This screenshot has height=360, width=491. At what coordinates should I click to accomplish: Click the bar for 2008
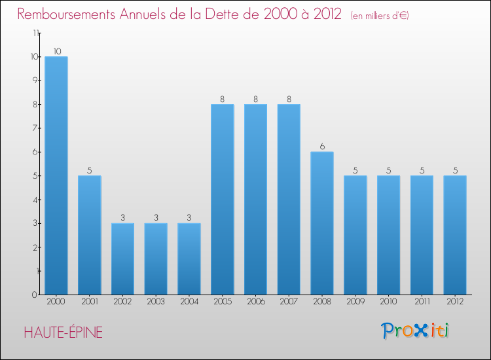tap(322, 223)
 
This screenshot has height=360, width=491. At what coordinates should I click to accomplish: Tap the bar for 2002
tap(122, 259)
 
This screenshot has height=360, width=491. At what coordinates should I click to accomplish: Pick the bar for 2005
tap(223, 199)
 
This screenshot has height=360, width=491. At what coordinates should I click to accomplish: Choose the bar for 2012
tap(455, 235)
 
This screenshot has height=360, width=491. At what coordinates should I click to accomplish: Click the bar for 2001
tap(90, 235)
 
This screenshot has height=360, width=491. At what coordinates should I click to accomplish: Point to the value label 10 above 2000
tap(56, 52)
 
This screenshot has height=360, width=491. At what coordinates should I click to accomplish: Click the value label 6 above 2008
tap(322, 147)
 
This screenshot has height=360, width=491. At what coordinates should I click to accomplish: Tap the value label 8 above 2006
tap(256, 99)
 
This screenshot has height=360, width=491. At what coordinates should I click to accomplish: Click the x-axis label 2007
tap(289, 302)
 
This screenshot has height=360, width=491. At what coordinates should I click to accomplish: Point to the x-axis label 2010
tap(388, 302)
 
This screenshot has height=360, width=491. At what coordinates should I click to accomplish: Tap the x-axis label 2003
tap(156, 302)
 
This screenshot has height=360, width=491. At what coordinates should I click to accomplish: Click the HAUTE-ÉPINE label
tap(63, 333)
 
